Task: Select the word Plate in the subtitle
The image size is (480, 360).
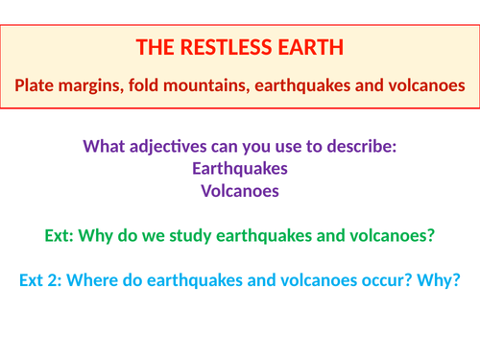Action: (35, 85)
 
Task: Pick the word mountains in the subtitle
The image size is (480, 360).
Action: (212, 85)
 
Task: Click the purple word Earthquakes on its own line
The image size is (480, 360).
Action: (240, 168)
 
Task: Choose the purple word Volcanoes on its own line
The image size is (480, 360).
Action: (240, 190)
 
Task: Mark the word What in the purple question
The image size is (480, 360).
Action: (105, 147)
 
